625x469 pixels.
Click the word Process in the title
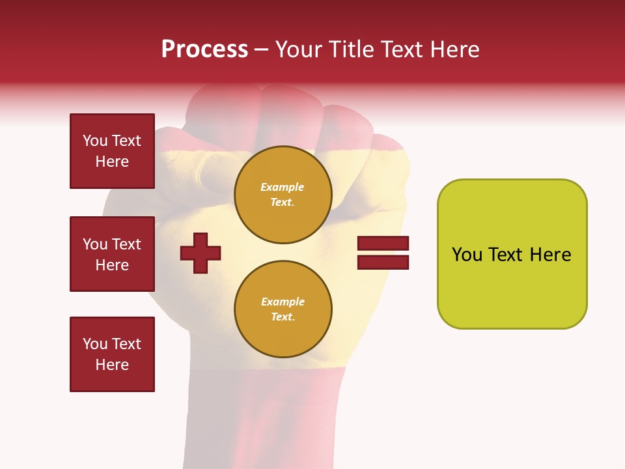(204, 50)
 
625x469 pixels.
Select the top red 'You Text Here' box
(112, 151)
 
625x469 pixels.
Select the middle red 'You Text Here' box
(112, 254)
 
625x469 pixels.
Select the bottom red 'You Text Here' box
(112, 354)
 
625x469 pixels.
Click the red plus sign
(201, 253)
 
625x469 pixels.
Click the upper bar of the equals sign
(383, 243)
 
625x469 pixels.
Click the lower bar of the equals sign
(383, 263)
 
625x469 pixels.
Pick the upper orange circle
(283, 195)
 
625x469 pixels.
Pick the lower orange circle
(283, 309)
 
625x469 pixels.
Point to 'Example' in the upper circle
(283, 187)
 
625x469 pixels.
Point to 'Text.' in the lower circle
(283, 317)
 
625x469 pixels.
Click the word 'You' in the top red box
(95, 141)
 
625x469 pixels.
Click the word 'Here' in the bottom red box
(112, 365)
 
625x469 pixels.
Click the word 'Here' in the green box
(551, 255)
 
